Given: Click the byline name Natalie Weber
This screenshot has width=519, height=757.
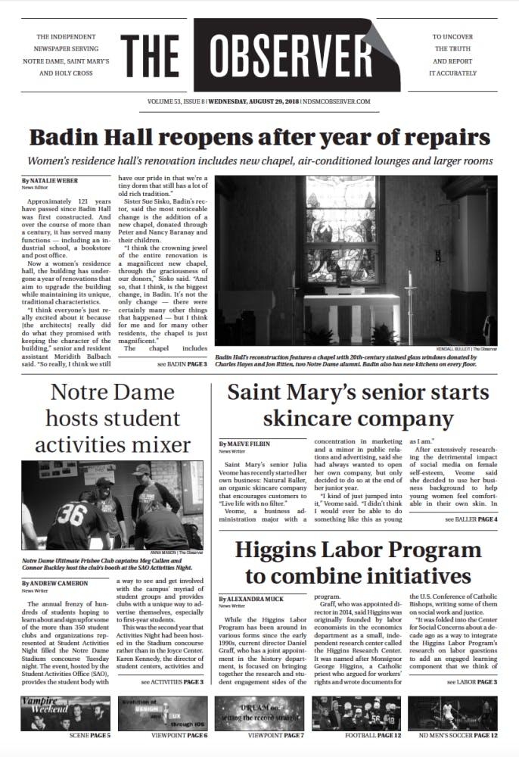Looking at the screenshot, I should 53,181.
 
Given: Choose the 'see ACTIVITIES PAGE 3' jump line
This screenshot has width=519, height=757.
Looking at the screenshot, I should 172,682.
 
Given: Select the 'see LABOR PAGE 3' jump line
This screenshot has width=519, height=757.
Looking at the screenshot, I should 472,682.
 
